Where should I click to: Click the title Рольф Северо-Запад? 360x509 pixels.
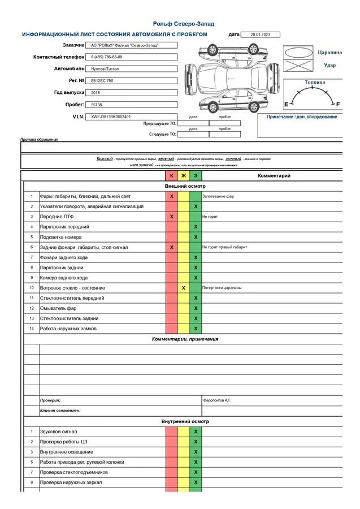click(x=184, y=24)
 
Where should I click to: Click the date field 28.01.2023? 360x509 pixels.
click(x=260, y=34)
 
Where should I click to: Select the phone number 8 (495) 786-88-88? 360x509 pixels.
click(x=107, y=57)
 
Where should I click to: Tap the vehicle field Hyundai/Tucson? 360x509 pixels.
click(x=105, y=69)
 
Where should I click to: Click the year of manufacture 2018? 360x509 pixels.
click(x=96, y=92)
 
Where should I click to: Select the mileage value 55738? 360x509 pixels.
click(x=97, y=105)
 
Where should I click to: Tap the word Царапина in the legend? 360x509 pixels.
click(x=329, y=52)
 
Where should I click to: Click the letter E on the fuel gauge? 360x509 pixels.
click(x=286, y=104)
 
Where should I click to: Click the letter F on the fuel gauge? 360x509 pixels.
click(x=338, y=104)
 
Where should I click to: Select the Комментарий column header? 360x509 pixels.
click(x=274, y=176)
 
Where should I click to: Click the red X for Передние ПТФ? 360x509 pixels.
click(x=172, y=217)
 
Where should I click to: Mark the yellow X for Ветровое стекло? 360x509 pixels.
click(x=184, y=288)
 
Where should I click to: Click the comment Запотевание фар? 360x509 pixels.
click(x=218, y=196)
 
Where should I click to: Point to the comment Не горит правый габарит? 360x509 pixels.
click(x=224, y=247)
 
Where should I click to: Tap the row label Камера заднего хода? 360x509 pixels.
click(x=64, y=278)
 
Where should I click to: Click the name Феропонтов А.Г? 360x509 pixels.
click(x=216, y=400)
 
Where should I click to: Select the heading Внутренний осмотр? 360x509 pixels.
click(x=185, y=421)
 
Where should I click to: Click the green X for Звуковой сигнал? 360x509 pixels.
click(x=196, y=432)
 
